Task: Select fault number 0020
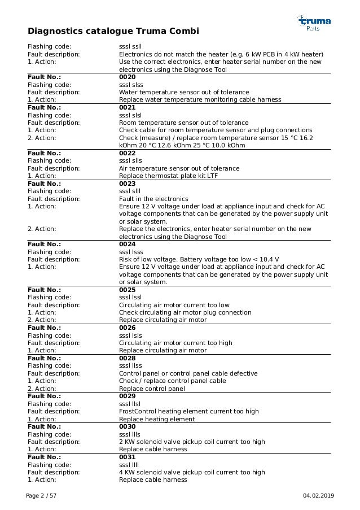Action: click(127, 77)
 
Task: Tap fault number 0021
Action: click(127, 107)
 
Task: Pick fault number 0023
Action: click(127, 184)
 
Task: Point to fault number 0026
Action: click(127, 328)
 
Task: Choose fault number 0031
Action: click(127, 457)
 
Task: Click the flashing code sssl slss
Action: click(131, 84)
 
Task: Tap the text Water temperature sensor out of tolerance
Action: click(183, 92)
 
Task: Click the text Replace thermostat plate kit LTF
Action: click(168, 176)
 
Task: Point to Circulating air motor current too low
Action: click(174, 305)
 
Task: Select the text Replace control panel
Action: click(152, 389)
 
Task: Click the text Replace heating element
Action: click(156, 419)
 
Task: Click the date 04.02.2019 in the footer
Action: click(318, 495)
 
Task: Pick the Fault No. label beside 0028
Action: click(45, 358)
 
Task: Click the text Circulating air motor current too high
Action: click(175, 343)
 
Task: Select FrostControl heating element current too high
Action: click(188, 411)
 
